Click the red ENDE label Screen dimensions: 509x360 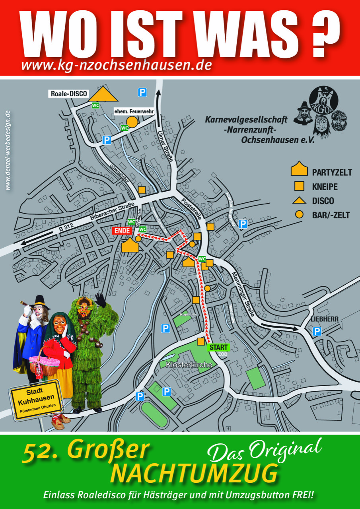123,231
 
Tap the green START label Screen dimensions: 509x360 218,347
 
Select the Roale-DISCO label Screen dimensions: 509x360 69,94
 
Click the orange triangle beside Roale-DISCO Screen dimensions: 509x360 103,95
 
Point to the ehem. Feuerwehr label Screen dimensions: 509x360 134,111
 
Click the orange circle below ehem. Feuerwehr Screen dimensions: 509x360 132,122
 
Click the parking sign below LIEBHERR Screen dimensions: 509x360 317,331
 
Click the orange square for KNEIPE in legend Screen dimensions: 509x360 299,186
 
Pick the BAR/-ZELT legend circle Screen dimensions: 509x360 299,215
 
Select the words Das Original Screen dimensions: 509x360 265,449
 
